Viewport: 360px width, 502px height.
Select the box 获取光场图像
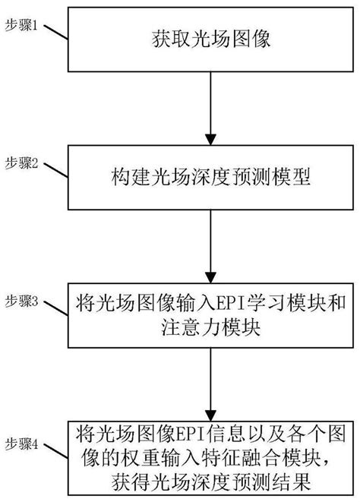click(x=210, y=39)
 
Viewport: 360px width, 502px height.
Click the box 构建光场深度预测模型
click(x=210, y=179)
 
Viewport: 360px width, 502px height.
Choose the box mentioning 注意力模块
click(x=210, y=317)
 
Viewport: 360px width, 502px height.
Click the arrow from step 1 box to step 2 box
click(x=210, y=106)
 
